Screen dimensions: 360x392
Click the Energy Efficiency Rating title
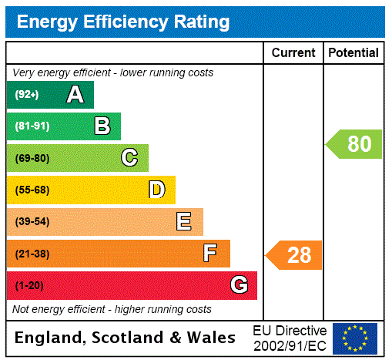(x=123, y=22)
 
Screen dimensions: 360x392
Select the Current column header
(x=293, y=53)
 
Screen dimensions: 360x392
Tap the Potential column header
(x=353, y=53)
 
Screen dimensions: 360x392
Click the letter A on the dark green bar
(x=75, y=95)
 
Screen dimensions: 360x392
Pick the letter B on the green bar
(x=102, y=126)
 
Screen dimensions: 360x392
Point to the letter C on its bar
(x=129, y=158)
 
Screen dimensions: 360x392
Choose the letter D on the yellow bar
(x=156, y=190)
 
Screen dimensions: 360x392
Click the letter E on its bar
(x=184, y=222)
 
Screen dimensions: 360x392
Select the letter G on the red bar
(x=239, y=285)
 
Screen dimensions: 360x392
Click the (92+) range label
(x=27, y=95)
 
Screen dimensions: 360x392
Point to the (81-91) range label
(x=32, y=126)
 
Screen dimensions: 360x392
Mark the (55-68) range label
(x=32, y=190)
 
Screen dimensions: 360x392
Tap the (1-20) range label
(x=29, y=285)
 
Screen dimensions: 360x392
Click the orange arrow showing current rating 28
(x=294, y=254)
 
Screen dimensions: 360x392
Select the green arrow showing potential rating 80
(x=354, y=144)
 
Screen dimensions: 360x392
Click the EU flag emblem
(x=355, y=338)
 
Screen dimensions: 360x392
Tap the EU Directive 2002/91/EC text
(x=290, y=338)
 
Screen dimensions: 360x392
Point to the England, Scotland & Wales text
(x=126, y=338)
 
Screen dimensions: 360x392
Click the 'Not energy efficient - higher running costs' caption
(x=112, y=309)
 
